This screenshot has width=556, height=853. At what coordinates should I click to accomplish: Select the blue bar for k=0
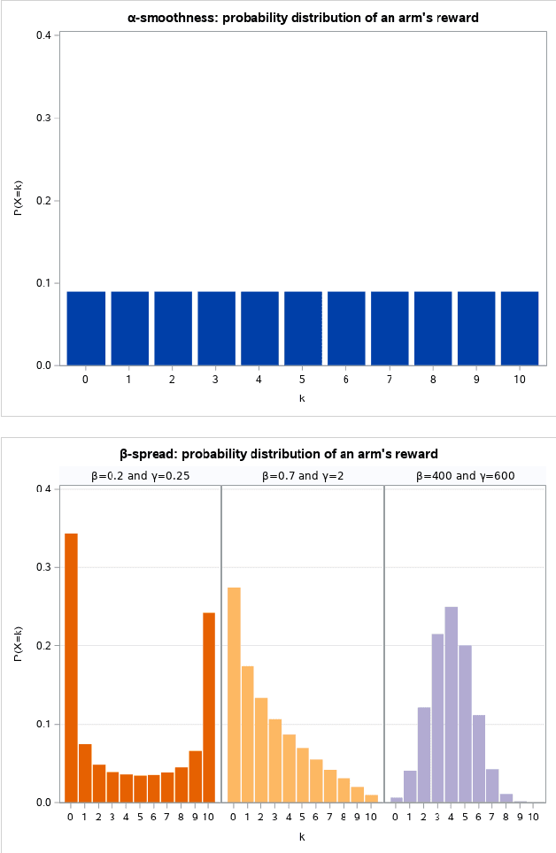[x=86, y=327]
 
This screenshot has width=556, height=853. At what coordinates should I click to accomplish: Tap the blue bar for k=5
[x=303, y=327]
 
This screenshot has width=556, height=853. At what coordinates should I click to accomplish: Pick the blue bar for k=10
[x=520, y=327]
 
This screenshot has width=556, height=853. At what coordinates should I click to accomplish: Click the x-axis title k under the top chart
[x=302, y=398]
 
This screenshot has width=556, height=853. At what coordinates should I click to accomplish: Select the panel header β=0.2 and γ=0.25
[x=140, y=475]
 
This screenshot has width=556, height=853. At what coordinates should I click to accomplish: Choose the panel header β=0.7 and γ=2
[x=303, y=475]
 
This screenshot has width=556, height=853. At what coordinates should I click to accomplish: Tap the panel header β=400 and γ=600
[x=466, y=475]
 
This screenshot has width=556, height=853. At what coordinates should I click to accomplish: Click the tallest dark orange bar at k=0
[x=71, y=668]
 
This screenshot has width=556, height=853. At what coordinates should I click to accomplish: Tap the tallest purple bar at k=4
[x=452, y=704]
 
